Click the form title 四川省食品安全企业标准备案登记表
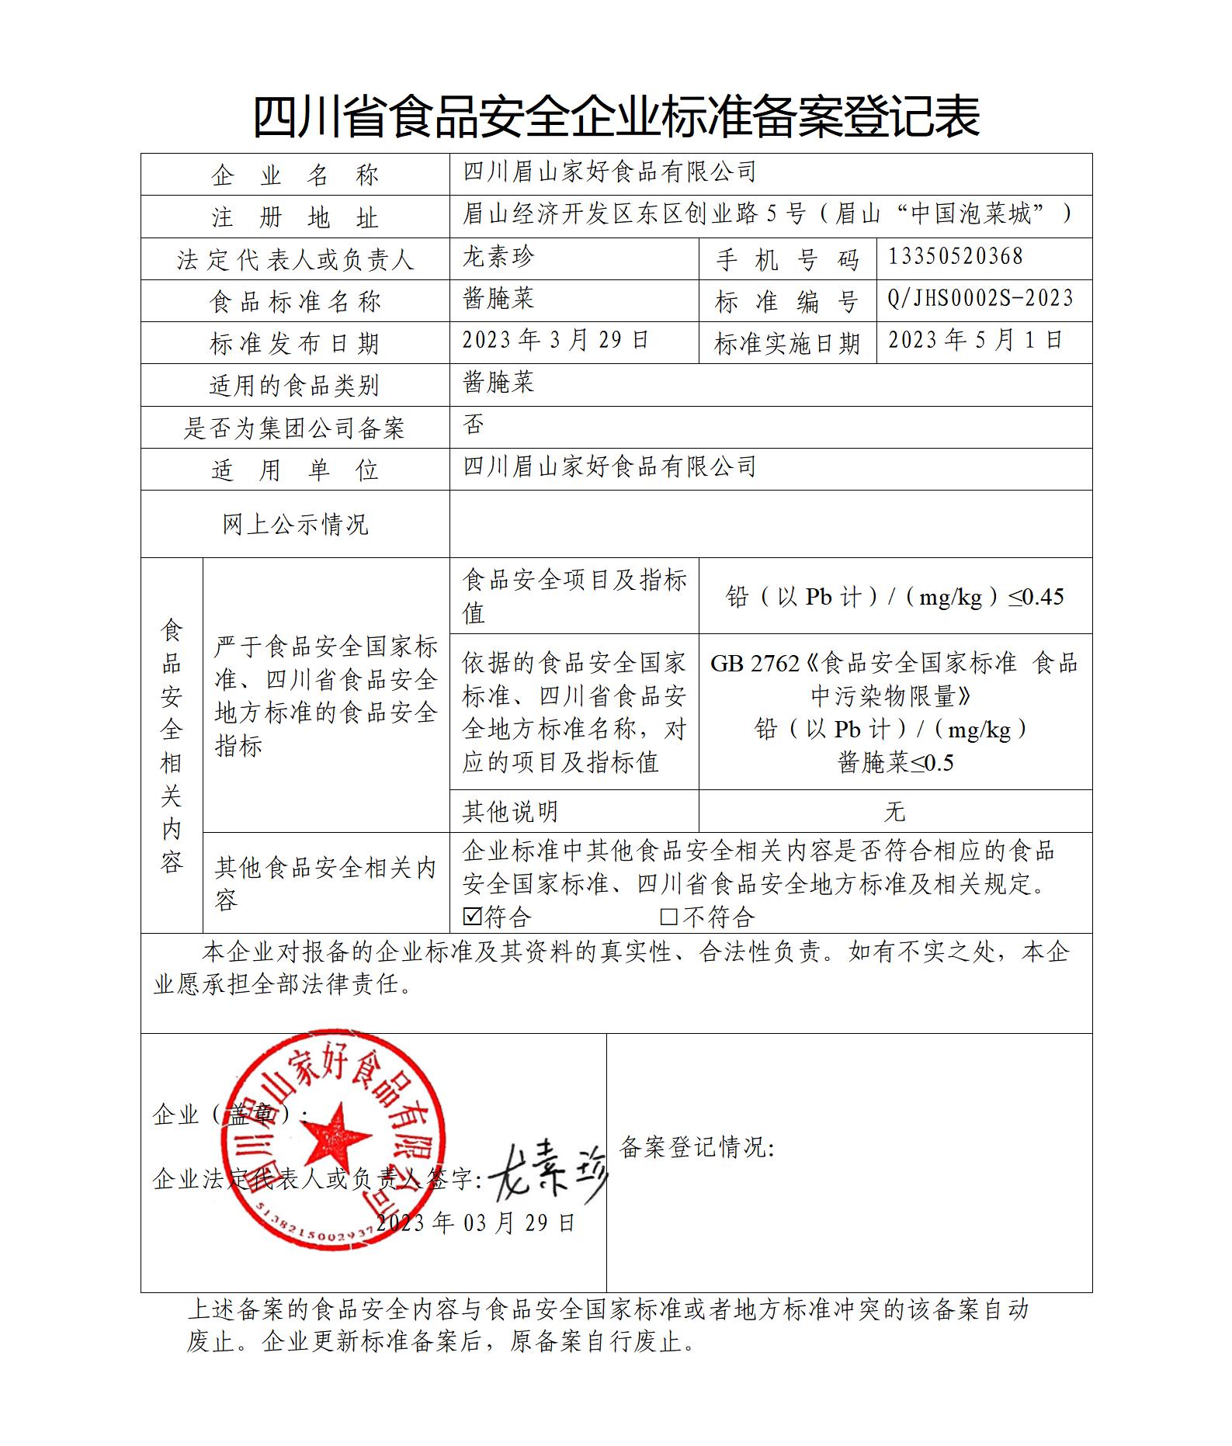pos(616,116)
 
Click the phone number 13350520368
pos(955,257)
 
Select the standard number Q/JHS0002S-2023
pos(980,299)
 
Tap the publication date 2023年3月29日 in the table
pos(555,341)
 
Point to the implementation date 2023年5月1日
pos(974,341)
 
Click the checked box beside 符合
pos(472,917)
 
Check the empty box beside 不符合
pos(668,917)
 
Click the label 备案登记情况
pos(696,1146)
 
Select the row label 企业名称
pos(295,175)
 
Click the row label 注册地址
pos(295,217)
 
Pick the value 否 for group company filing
pos(474,425)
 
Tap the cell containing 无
pos(894,812)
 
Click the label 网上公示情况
pos(295,525)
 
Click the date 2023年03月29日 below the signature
pos(475,1223)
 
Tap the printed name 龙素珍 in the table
pos(498,257)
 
